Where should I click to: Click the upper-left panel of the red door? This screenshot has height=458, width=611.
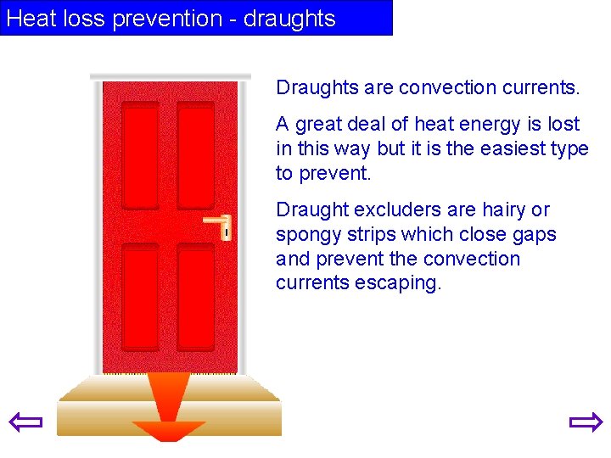click(140, 155)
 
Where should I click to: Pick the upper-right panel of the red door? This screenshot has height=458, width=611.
click(196, 155)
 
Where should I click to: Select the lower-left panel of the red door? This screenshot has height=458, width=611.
click(140, 297)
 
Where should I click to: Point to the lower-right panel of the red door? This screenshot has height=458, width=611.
click(196, 297)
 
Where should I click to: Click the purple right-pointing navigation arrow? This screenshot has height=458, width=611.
click(585, 422)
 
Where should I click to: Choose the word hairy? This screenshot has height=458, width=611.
click(504, 209)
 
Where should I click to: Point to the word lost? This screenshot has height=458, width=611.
click(563, 125)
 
